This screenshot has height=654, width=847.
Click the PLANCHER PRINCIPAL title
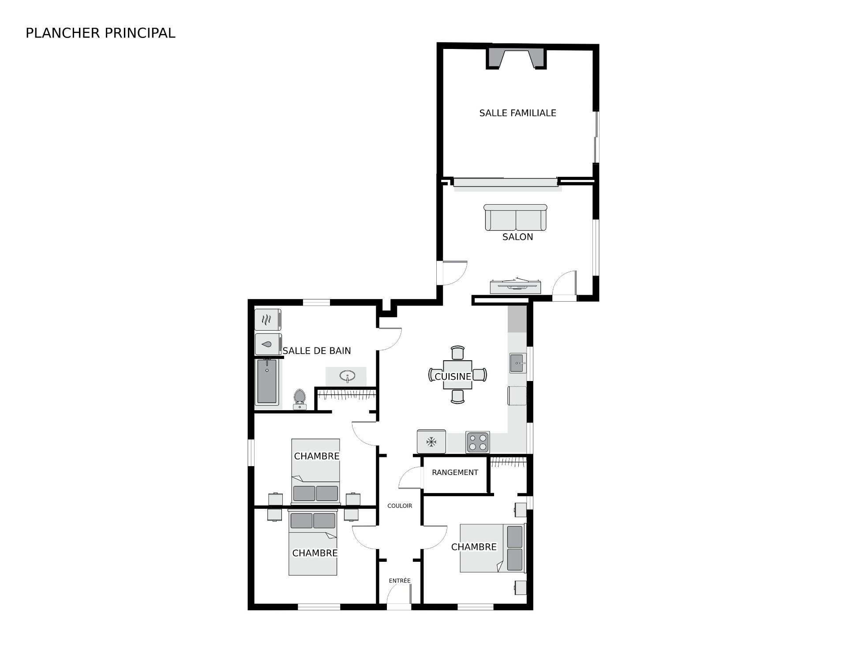[101, 33]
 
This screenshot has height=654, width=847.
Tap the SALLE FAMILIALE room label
[517, 113]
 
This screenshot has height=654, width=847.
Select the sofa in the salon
[515, 217]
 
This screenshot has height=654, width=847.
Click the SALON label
[517, 237]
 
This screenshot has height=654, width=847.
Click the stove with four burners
[478, 442]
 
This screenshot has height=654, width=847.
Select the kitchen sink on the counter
[518, 363]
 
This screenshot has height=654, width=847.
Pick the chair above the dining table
[457, 353]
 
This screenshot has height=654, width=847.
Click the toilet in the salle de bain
[300, 399]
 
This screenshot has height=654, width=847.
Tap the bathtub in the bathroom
[266, 381]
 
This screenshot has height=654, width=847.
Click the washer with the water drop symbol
[268, 344]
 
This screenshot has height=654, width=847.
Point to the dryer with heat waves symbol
[268, 320]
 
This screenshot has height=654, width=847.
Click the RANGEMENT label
[455, 472]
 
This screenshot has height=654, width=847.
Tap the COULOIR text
[400, 506]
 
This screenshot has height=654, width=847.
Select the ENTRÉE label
[400, 580]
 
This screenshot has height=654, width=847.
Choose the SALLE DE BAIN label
[317, 351]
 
